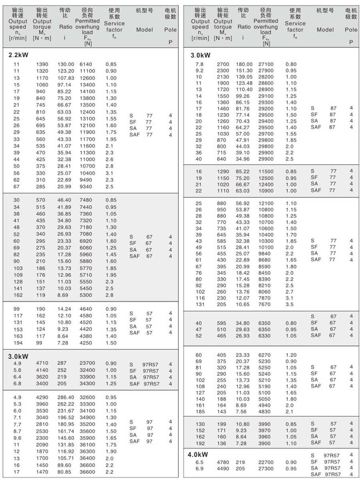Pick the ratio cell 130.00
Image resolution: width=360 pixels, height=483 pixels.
click(x=66, y=64)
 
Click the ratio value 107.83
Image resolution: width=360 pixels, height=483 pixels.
click(x=66, y=78)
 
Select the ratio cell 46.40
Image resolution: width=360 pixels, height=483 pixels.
click(x=65, y=200)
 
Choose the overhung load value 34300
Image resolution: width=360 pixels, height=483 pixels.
click(x=87, y=384)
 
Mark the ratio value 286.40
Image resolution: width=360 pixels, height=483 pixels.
click(x=66, y=397)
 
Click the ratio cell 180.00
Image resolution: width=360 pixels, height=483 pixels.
click(x=244, y=64)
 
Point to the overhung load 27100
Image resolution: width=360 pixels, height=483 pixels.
click(x=266, y=64)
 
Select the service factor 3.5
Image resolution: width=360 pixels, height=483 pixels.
click(x=289, y=305)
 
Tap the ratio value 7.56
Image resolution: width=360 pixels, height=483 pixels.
click(x=241, y=411)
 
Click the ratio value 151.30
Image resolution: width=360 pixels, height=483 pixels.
click(x=244, y=70)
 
